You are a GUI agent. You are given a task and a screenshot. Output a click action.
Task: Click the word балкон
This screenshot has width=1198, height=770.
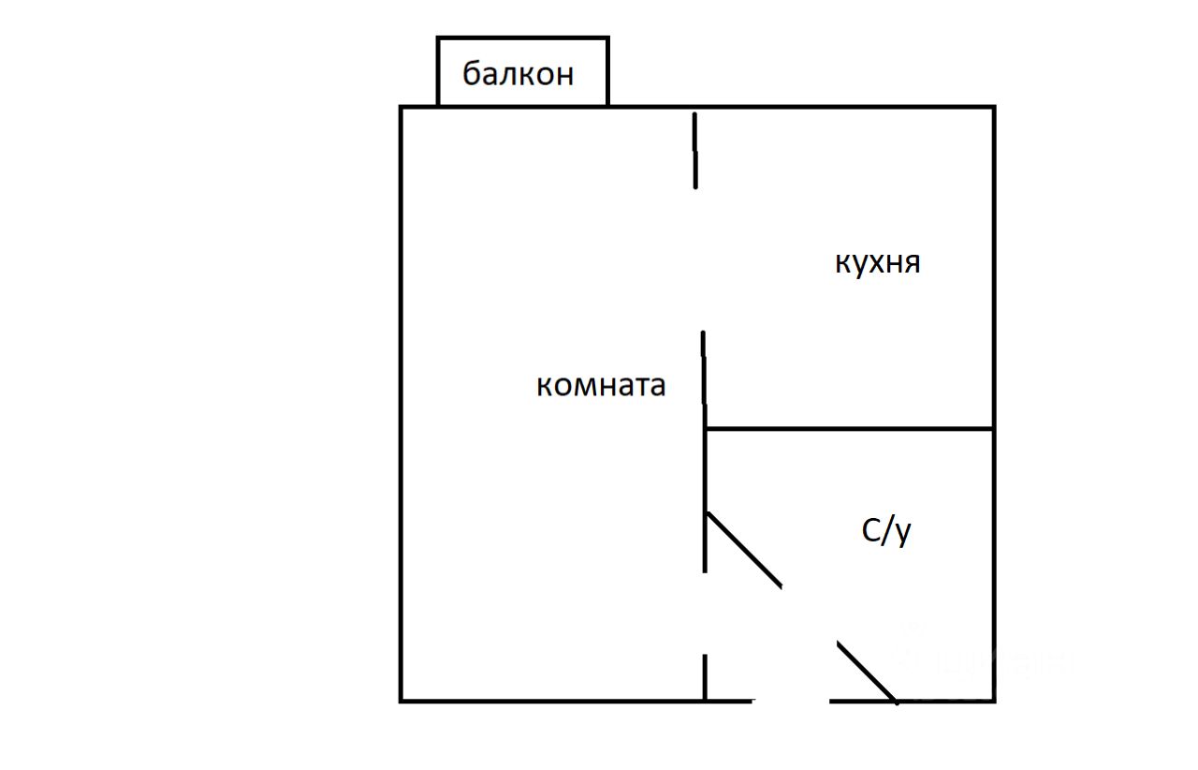click(519, 73)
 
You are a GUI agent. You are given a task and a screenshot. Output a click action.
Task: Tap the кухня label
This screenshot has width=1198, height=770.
click(877, 263)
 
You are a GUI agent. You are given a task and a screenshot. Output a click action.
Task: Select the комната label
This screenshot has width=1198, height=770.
click(601, 385)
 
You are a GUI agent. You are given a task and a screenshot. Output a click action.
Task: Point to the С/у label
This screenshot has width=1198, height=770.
click(885, 531)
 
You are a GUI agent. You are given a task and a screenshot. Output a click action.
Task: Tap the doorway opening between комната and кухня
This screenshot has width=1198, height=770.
click(698, 259)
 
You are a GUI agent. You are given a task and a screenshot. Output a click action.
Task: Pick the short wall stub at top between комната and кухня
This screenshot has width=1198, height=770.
click(694, 150)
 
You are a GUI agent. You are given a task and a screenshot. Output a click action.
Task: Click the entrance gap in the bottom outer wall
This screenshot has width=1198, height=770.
click(791, 700)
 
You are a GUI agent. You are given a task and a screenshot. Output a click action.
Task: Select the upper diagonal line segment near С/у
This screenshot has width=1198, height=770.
click(744, 550)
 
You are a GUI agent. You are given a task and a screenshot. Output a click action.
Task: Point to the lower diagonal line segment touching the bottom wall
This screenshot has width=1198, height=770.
click(867, 672)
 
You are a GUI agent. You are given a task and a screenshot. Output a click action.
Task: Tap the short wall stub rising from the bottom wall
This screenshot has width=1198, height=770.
click(705, 676)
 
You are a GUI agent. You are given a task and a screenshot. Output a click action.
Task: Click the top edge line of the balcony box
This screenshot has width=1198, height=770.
click(522, 38)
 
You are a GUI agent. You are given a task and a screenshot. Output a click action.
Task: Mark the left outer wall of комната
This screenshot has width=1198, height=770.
click(402, 403)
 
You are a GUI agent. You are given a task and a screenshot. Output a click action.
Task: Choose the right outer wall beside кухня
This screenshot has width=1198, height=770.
click(993, 267)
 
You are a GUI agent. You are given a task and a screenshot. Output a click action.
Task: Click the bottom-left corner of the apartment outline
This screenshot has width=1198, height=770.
click(402, 700)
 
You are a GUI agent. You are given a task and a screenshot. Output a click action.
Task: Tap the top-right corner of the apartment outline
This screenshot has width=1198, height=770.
click(993, 108)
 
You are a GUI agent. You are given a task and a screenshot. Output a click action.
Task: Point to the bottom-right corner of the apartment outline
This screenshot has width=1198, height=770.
click(993, 700)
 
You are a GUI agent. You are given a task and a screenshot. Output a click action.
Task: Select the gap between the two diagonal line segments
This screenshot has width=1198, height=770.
click(810, 615)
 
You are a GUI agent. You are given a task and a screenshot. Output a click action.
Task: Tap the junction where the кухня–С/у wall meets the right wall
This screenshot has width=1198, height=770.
click(993, 429)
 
